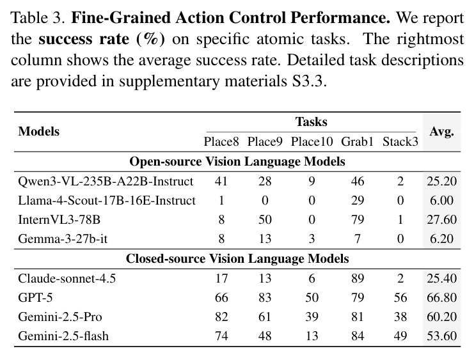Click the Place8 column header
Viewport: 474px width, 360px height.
[221, 141]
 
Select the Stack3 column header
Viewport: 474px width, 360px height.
[400, 141]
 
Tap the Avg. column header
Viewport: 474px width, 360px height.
[441, 132]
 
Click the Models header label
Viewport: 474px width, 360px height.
[38, 132]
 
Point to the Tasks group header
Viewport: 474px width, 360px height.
[312, 122]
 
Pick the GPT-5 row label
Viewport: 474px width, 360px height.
[35, 297]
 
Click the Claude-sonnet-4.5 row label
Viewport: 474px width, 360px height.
[67, 278]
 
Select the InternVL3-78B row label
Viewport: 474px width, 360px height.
[59, 220]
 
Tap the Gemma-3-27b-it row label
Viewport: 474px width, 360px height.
[63, 239]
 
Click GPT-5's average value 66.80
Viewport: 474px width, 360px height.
[441, 297]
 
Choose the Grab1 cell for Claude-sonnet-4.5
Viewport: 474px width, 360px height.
[358, 278]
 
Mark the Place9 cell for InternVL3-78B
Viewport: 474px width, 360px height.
[265, 220]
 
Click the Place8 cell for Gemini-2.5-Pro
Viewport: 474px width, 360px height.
[221, 317]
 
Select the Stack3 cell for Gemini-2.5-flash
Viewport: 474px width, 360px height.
[400, 336]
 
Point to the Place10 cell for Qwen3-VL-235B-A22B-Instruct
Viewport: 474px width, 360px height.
[312, 182]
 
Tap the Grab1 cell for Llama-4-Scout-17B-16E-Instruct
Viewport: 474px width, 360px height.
[358, 200]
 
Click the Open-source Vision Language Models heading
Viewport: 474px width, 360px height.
[237, 161]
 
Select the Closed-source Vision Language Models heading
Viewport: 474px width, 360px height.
[237, 259]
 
